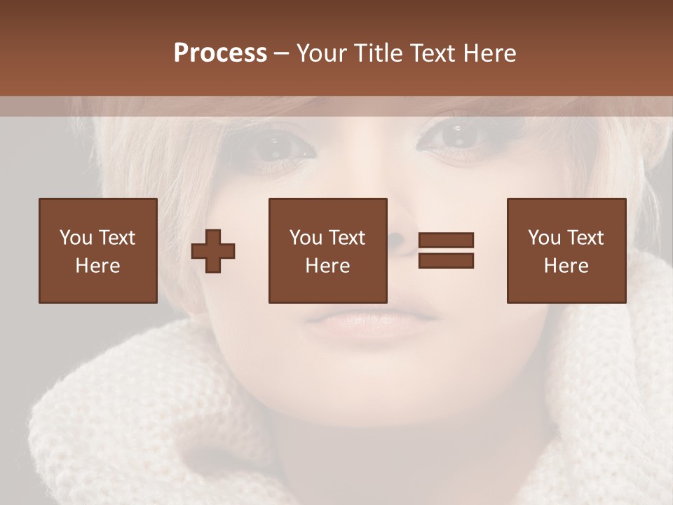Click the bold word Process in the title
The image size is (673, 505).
pos(220,53)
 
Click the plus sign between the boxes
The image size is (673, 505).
pos(213,250)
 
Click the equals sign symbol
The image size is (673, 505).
pos(446,250)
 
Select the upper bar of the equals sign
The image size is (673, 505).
pos(446,240)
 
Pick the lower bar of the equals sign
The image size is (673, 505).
pos(446,261)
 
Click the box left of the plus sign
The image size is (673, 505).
pos(97,250)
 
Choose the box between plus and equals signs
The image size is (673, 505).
pos(327,250)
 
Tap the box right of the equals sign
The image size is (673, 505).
pos(566,250)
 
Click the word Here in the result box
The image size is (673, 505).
pos(566,266)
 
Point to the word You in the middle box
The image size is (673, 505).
pos(306,238)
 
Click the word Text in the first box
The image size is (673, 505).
pos(116,238)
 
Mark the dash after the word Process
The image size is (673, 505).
pos(282,54)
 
